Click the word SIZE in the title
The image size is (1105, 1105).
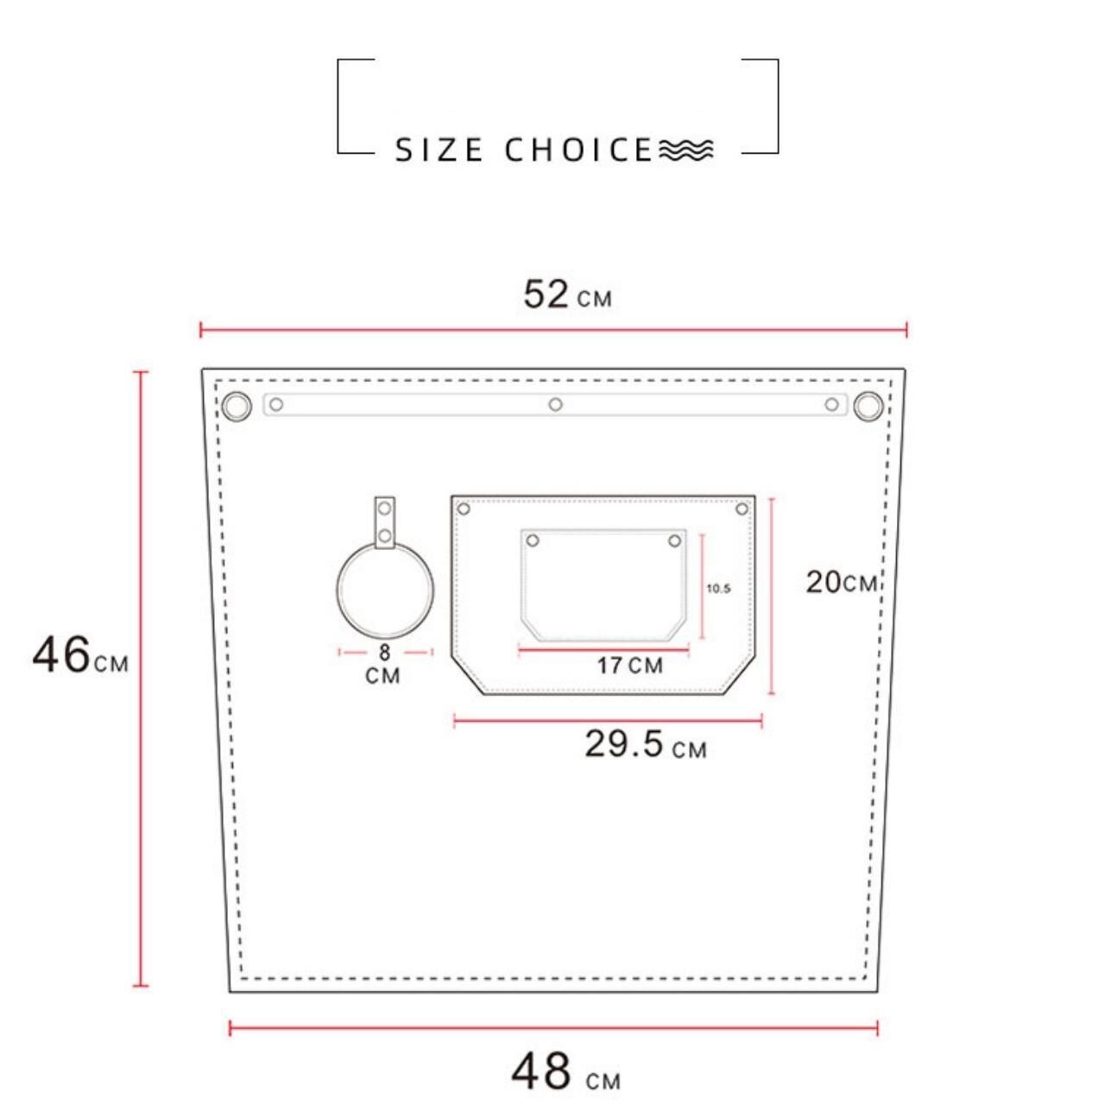click(439, 149)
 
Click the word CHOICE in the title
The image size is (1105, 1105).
click(578, 149)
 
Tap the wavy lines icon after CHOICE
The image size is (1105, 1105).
click(685, 149)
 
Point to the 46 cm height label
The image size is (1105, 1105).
click(80, 655)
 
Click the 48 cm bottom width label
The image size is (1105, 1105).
click(565, 1070)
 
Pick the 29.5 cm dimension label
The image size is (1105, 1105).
click(646, 744)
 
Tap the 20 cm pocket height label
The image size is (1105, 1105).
click(841, 582)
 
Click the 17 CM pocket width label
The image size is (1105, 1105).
click(629, 666)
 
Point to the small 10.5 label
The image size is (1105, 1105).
click(718, 589)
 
